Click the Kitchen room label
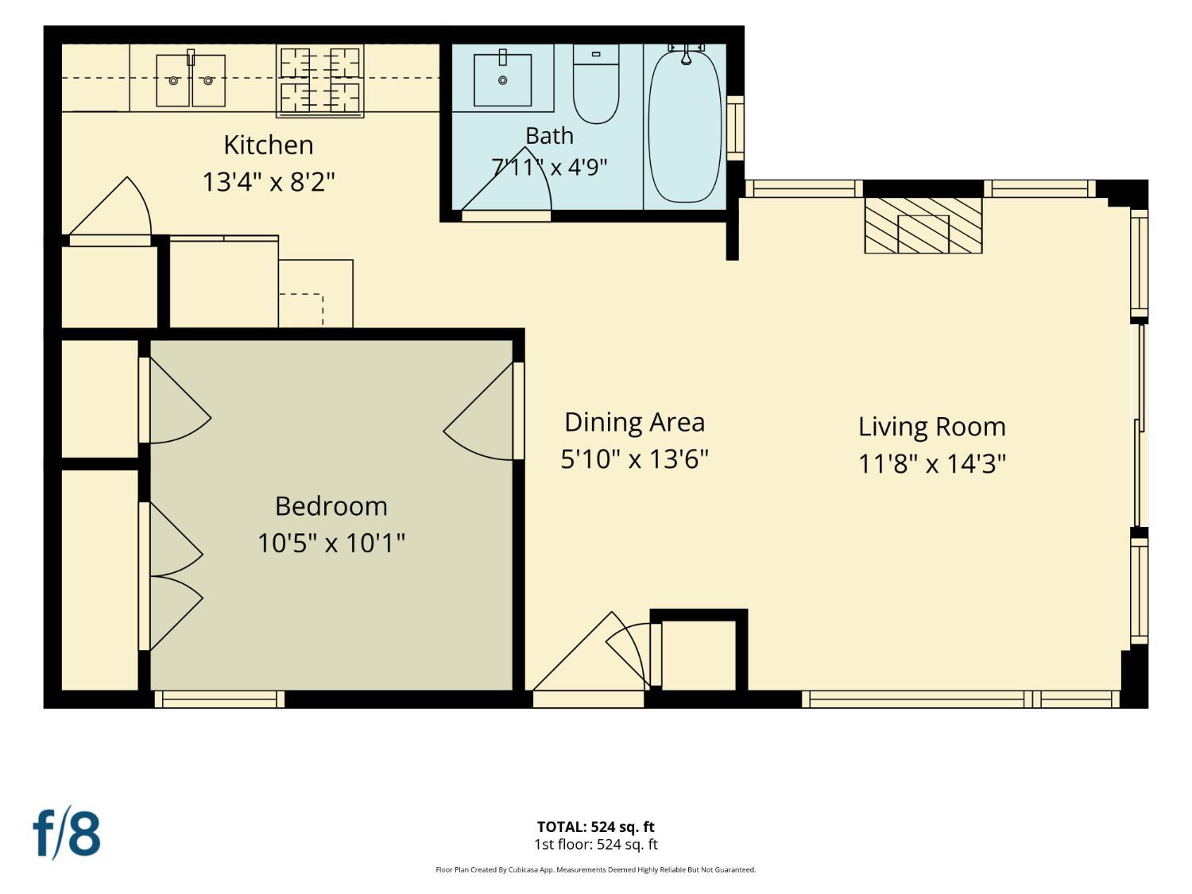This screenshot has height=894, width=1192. (x=269, y=145)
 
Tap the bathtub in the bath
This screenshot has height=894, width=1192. (x=685, y=126)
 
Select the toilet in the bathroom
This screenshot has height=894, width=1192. (x=596, y=83)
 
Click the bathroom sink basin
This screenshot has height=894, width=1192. (x=502, y=79)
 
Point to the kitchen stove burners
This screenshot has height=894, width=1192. (x=320, y=80)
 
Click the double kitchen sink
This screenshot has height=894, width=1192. (x=191, y=80)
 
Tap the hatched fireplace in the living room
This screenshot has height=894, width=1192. (x=923, y=225)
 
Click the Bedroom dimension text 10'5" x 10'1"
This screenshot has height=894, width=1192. (x=331, y=543)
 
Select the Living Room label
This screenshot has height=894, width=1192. (x=932, y=428)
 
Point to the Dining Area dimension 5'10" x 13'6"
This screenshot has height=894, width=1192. (x=634, y=459)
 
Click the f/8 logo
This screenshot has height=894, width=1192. (x=67, y=833)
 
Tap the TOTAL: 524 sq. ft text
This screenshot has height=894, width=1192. (x=596, y=826)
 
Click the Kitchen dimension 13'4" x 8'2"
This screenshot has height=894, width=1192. (x=269, y=182)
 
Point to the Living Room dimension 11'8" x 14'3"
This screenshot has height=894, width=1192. (x=932, y=464)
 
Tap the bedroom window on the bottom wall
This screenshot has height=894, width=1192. (x=219, y=699)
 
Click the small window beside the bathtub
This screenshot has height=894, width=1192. (x=735, y=128)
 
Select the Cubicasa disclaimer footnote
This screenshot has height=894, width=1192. (x=596, y=869)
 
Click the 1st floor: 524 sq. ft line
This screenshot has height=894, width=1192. (x=596, y=845)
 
